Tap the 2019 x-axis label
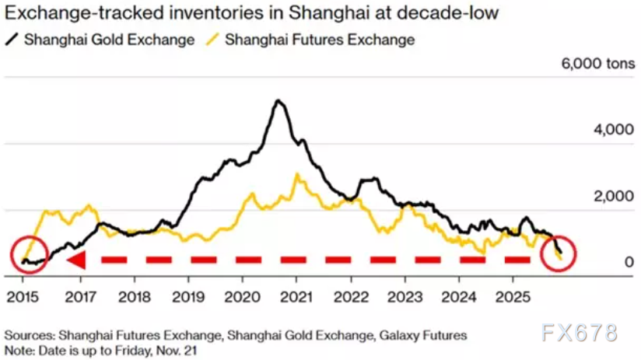click(187, 298)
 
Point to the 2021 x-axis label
click(295, 298)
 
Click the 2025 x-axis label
click(511, 298)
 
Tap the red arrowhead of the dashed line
click(75, 260)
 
